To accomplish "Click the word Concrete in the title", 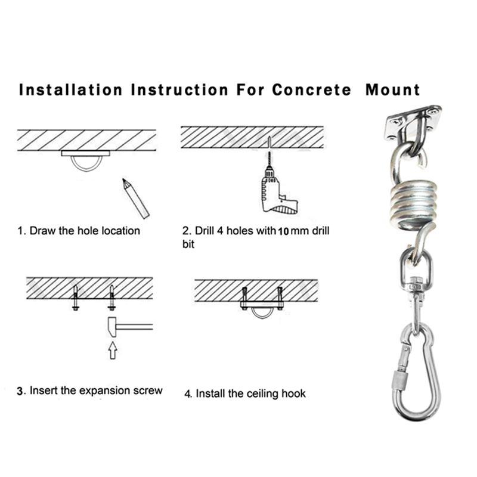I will point(311,91).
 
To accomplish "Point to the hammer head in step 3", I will point(114,327).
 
